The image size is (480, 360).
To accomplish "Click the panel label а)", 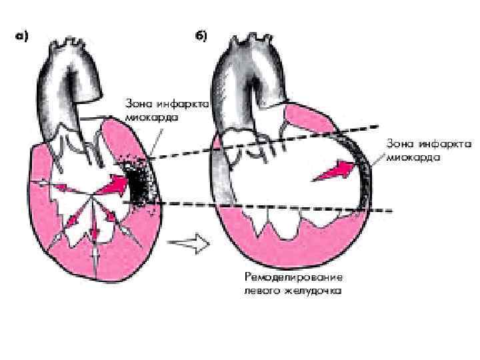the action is [x=21, y=37].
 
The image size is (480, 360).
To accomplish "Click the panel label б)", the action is [x=199, y=37].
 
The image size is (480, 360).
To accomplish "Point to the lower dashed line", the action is [x=267, y=207].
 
